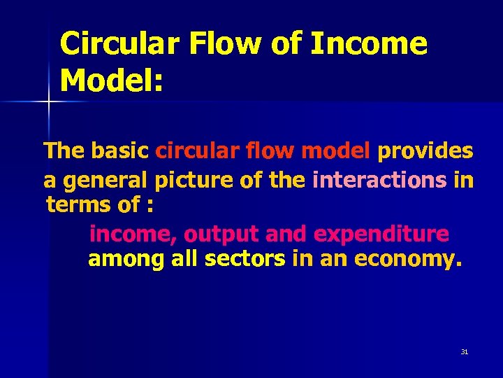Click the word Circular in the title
(119, 44)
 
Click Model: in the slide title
(112, 81)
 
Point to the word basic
(122, 150)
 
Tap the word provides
(425, 150)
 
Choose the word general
(105, 181)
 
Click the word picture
(191, 181)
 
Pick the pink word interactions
(379, 180)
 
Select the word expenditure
(381, 233)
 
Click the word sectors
(245, 259)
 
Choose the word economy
(408, 259)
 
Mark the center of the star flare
(49, 103)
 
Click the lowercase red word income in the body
(133, 233)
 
